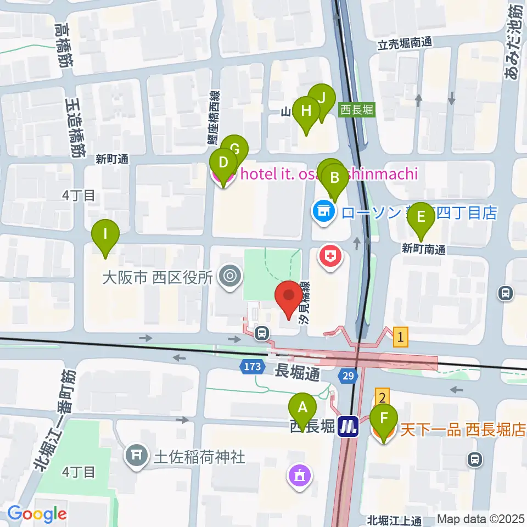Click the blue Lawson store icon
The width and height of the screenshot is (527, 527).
[x=323, y=212]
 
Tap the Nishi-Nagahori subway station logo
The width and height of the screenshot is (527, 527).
[x=348, y=426]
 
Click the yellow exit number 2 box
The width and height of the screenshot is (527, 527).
[x=383, y=396]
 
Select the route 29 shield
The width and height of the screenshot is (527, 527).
[x=347, y=375]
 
